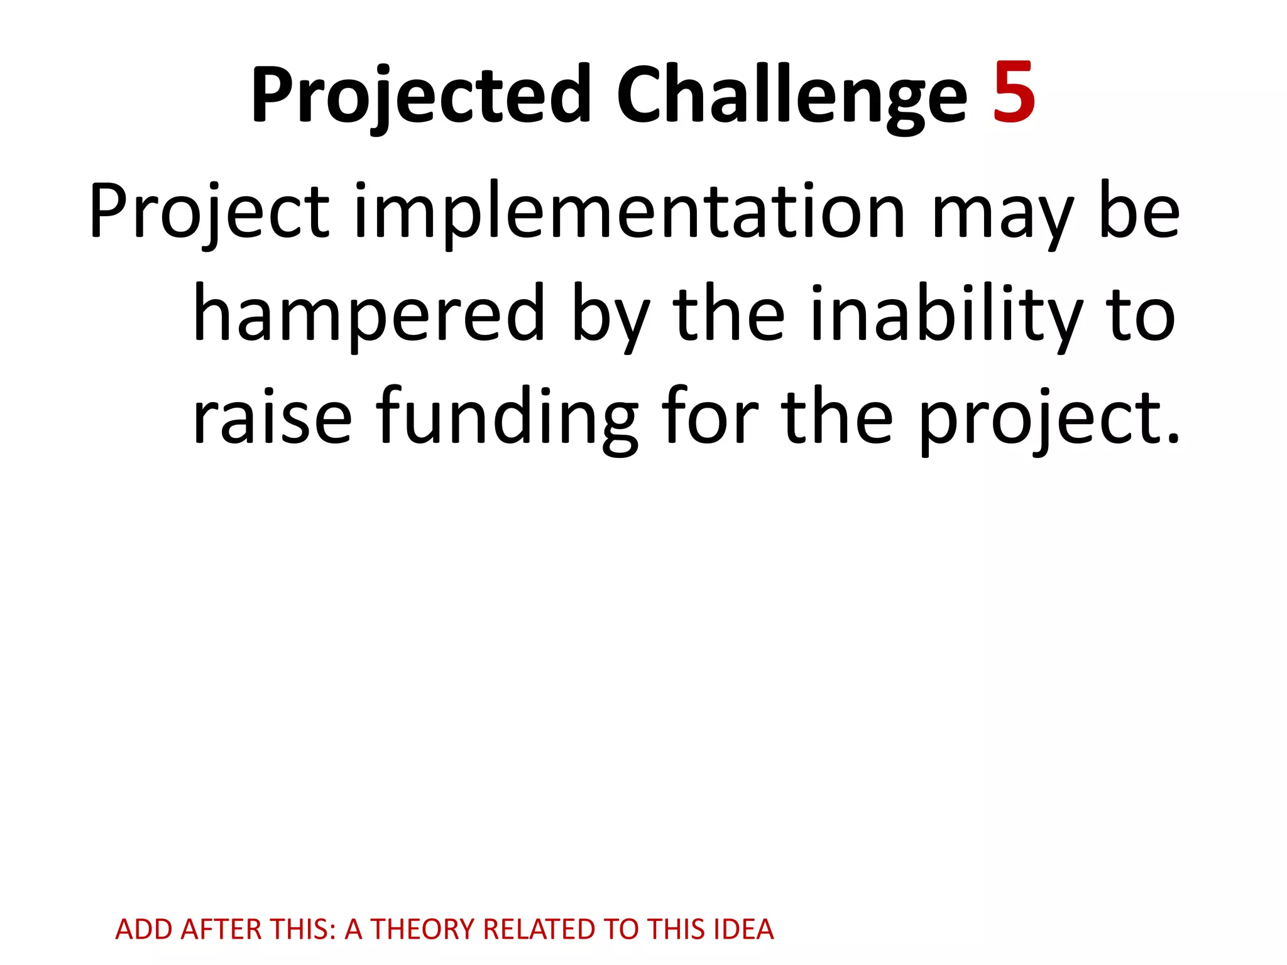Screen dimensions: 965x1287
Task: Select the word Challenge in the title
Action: coord(792,95)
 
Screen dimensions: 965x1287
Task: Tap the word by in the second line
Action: coord(610,317)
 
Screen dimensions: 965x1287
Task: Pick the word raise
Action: coord(272,418)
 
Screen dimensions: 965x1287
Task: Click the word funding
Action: coord(507,418)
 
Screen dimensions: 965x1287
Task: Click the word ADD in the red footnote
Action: coord(144,929)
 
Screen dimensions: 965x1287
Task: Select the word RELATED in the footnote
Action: coord(539,929)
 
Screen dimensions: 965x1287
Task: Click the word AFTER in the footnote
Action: coord(221,929)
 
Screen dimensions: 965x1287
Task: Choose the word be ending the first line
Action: coord(1140,212)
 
